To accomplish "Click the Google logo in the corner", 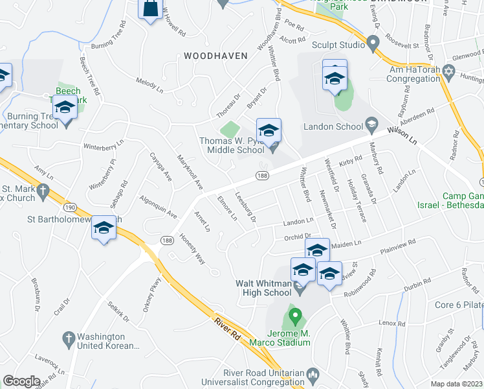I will click(21, 381).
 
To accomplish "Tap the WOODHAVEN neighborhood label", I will click(215, 56).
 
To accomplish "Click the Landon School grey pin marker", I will click(371, 123).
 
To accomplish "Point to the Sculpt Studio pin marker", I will click(372, 45).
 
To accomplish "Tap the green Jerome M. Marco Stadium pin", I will click(296, 318).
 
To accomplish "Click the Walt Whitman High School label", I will click(263, 287).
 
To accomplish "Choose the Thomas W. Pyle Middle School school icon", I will click(269, 130).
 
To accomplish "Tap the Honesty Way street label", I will click(192, 249).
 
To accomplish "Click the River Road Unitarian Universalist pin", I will click(313, 374).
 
